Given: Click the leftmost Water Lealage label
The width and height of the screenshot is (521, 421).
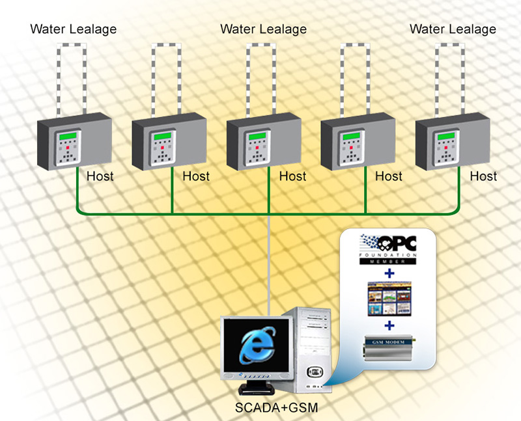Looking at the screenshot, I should click(74, 29).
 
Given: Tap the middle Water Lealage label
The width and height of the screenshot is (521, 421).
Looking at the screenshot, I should click(263, 29).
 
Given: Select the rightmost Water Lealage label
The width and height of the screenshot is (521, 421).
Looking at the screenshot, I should click(453, 29).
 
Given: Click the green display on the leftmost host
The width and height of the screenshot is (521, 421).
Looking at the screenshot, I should click(67, 137).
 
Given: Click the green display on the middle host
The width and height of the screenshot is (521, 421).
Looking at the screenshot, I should click(257, 137).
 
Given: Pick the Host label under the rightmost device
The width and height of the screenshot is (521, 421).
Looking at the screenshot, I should click(483, 176).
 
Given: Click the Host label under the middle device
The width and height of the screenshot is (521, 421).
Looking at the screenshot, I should click(292, 176).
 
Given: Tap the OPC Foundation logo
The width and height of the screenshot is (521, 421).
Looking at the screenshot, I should click(389, 247).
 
